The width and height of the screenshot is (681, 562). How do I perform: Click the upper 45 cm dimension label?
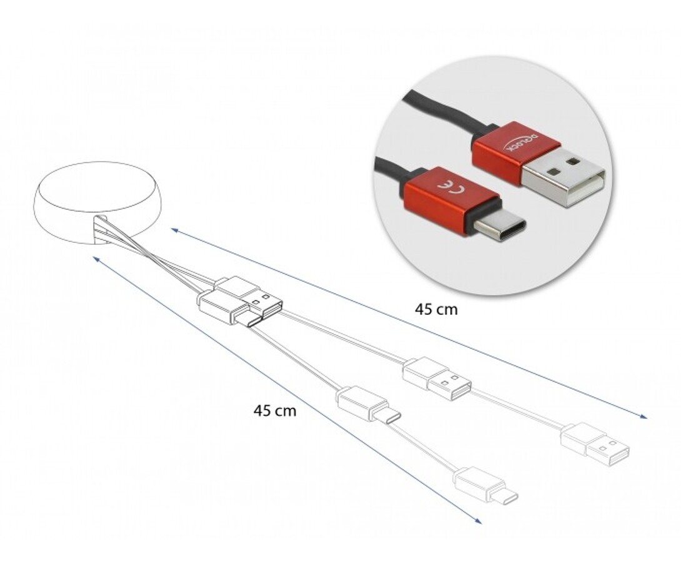click(436, 310)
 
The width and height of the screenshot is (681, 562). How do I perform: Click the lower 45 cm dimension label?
click(275, 410)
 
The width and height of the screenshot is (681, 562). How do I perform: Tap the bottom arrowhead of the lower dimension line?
click(479, 520)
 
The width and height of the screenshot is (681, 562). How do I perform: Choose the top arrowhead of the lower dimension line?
click(97, 259)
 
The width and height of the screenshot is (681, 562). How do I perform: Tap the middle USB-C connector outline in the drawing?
click(369, 404)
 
